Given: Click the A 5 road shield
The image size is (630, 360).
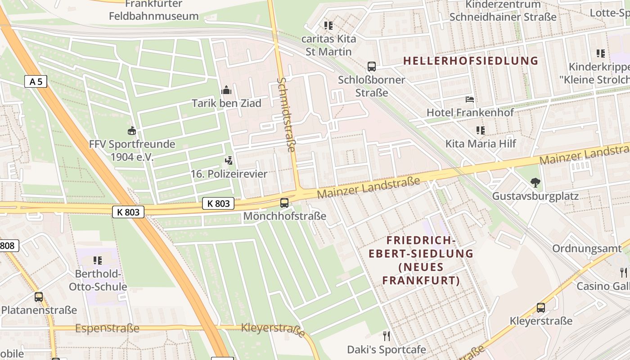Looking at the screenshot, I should [36, 81].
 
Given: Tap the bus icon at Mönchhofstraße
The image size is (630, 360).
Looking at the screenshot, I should [284, 203].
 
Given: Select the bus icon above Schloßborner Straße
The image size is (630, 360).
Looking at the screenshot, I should [372, 67].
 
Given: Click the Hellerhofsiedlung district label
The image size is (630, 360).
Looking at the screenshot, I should [471, 61].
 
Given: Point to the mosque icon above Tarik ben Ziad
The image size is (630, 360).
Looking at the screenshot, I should [226, 90].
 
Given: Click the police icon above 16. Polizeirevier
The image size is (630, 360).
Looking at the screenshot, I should [229, 161].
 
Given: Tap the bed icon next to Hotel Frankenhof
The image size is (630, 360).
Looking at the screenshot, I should [470, 99].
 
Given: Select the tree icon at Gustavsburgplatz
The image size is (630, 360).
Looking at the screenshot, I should [535, 183].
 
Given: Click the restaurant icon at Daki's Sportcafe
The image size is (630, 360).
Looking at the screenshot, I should [386, 336].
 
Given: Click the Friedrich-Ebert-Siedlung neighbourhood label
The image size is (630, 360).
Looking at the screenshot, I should [421, 261].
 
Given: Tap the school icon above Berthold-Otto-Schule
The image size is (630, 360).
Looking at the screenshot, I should [97, 261].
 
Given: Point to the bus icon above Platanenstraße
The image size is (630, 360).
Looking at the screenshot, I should [39, 297].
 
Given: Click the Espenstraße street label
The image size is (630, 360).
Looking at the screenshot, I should [107, 328].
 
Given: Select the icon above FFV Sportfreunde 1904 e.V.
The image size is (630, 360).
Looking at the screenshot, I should [132, 131].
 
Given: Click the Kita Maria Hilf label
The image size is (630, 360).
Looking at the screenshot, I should [481, 144].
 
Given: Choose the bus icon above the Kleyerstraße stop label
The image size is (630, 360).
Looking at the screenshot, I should [541, 308].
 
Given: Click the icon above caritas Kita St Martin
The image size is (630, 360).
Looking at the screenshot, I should [328, 26].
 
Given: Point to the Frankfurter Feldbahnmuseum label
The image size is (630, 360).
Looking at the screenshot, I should [153, 10].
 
